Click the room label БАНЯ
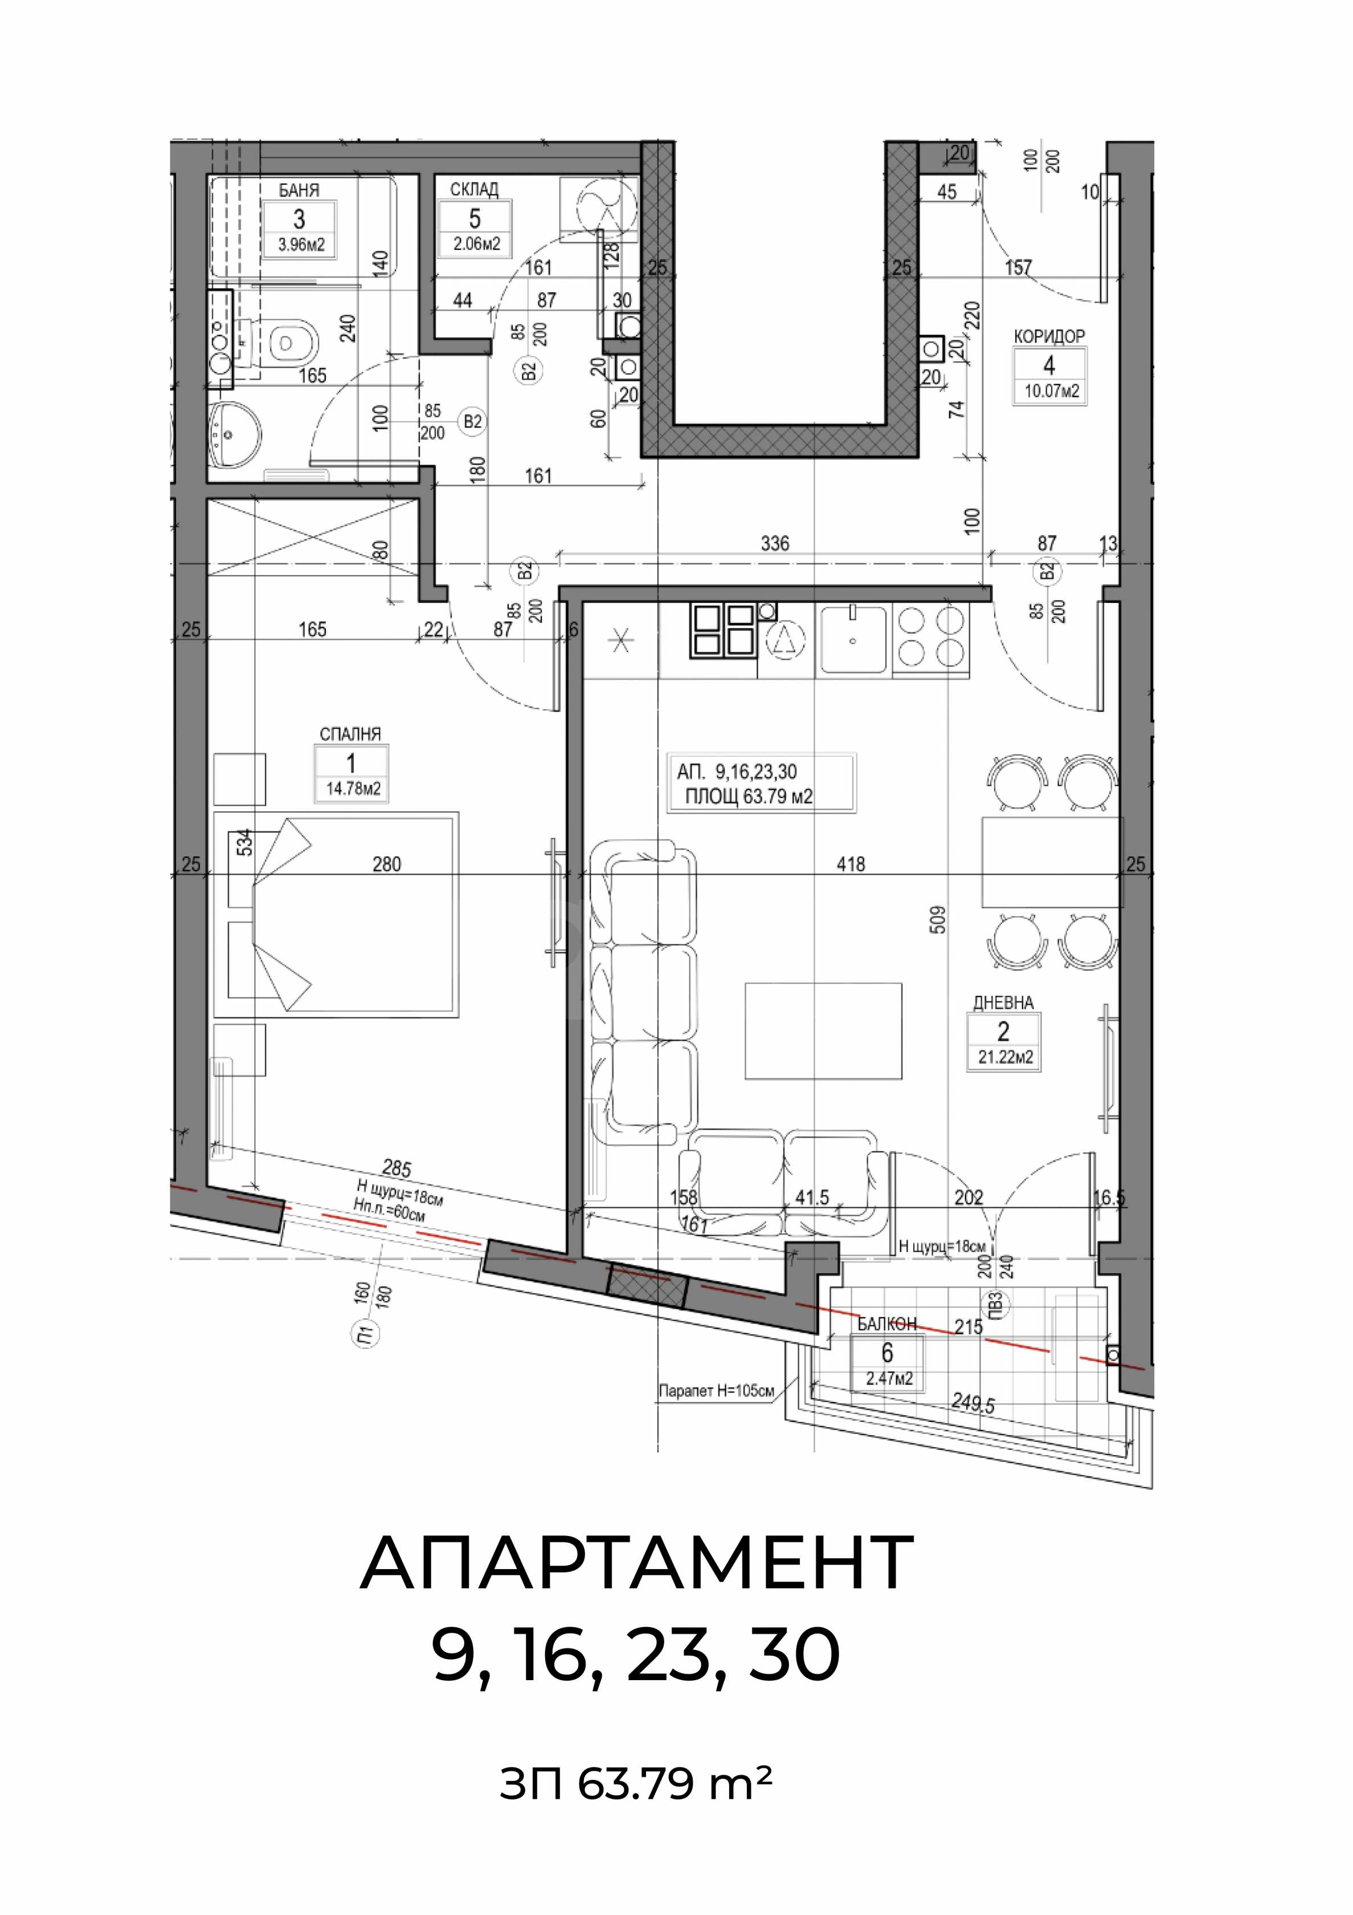pos(299,190)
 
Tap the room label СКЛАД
pos(475,189)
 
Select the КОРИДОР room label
pos(1049,337)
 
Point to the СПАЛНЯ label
pos(350,734)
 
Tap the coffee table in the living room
pos(823,1031)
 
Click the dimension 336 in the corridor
pos(774,544)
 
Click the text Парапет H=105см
pos(716,1392)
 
